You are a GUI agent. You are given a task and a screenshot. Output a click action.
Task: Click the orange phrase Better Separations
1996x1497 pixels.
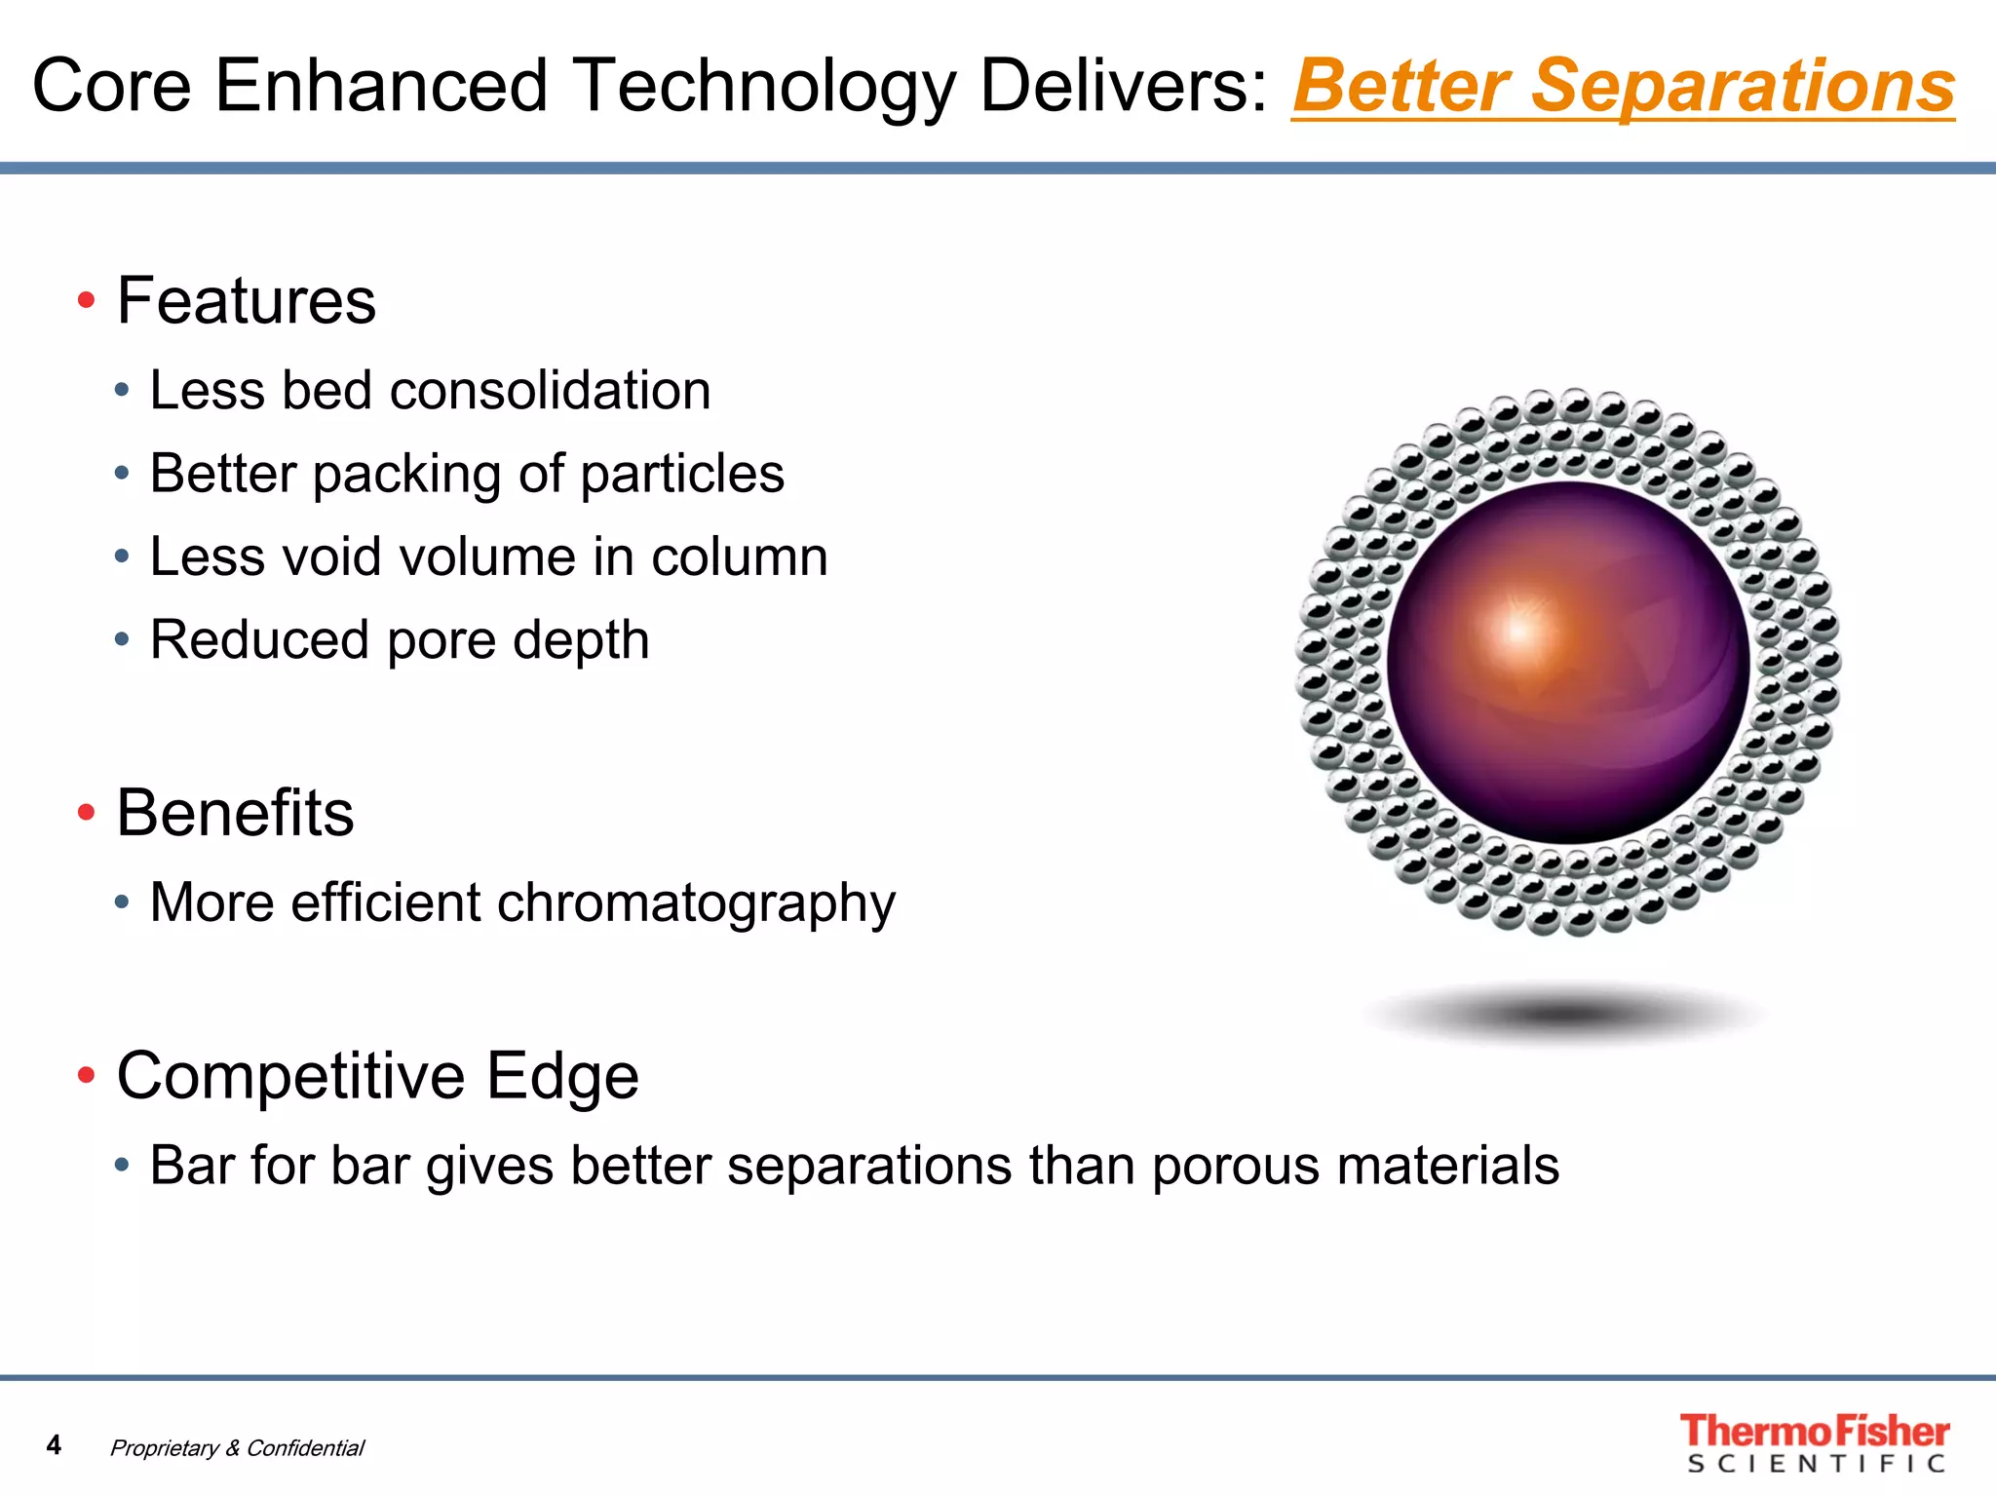(1623, 86)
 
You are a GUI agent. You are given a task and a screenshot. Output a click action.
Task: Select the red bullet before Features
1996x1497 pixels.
(86, 300)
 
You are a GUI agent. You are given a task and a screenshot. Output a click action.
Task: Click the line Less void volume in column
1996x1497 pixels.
(487, 557)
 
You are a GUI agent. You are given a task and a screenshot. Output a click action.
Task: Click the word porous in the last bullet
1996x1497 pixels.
(1235, 1166)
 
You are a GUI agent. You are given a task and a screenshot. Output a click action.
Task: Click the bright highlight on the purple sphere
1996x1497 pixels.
(1518, 629)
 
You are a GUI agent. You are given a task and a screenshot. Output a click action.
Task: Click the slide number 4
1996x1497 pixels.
(54, 1444)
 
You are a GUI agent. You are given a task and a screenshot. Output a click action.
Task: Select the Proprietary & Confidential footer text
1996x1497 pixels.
(237, 1448)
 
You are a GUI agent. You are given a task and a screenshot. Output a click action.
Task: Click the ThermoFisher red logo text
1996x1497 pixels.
(1814, 1431)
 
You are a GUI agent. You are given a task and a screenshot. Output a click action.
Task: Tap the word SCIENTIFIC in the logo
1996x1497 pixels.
(1816, 1464)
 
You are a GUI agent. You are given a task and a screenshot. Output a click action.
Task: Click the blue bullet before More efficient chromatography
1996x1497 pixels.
(122, 902)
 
